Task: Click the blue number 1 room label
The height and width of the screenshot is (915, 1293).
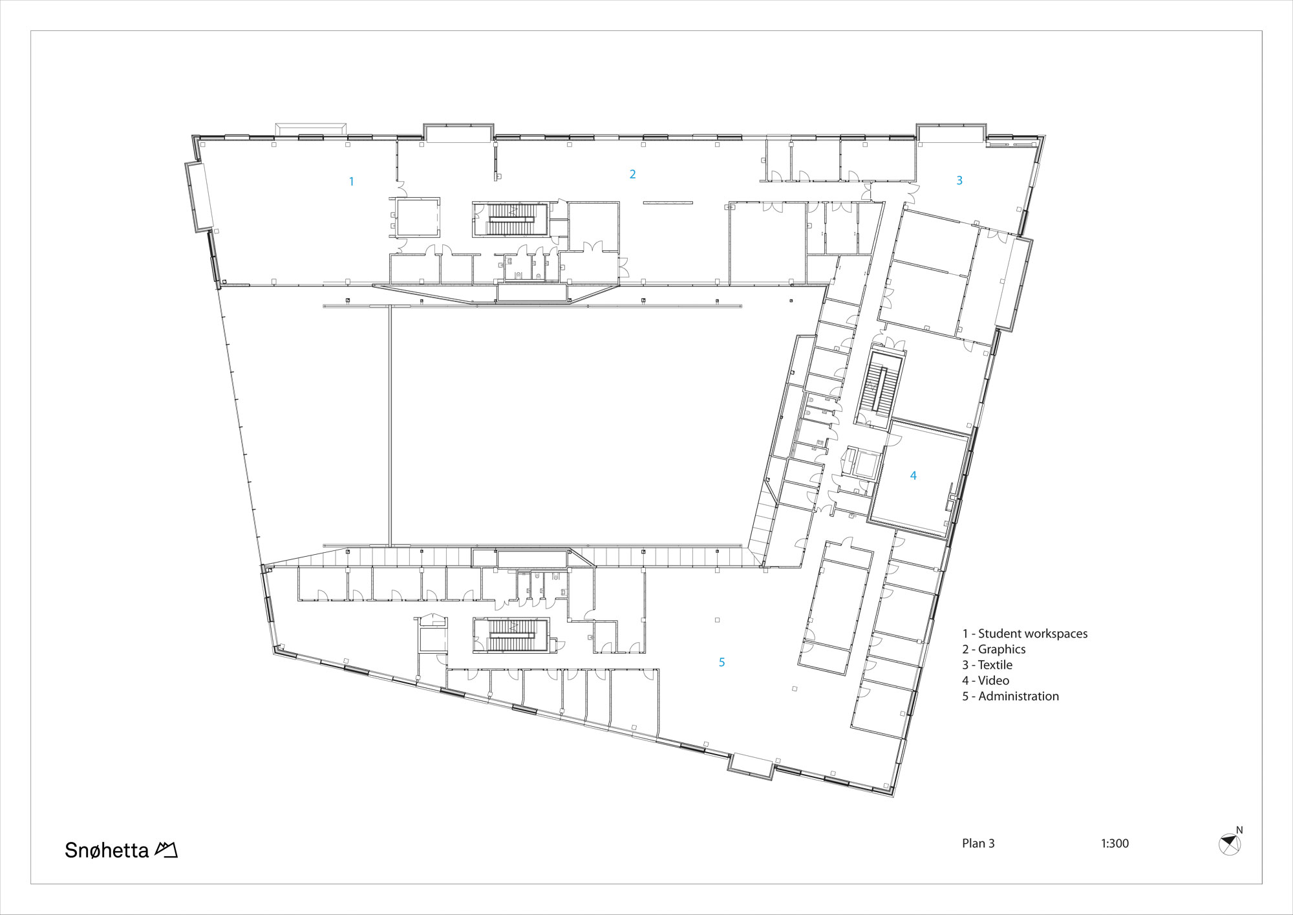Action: [x=351, y=182]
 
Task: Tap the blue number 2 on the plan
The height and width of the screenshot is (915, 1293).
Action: [x=632, y=174]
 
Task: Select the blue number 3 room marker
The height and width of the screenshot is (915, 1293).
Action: [x=959, y=181]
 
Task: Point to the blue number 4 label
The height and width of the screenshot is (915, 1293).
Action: [x=913, y=476]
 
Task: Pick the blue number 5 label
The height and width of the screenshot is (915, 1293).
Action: [x=722, y=662]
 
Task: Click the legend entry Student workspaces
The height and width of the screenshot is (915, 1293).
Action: [x=1025, y=634]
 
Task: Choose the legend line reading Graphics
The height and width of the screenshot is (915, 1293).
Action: [x=994, y=649]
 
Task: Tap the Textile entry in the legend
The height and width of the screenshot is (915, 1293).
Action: [x=987, y=665]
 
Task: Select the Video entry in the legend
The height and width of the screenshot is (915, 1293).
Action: [x=985, y=680]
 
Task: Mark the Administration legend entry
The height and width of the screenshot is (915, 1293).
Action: [x=1010, y=696]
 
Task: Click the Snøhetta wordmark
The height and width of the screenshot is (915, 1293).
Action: [x=107, y=850]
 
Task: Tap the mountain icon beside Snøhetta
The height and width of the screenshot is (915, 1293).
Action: [x=166, y=850]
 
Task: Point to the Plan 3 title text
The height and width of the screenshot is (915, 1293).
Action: [x=978, y=843]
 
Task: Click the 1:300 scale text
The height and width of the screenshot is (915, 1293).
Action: [x=1115, y=843]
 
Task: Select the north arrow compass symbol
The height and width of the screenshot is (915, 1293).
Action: [x=1230, y=845]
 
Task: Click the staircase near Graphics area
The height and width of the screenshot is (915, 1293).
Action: [x=511, y=220]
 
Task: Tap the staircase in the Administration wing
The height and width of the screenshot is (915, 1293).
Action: [x=511, y=635]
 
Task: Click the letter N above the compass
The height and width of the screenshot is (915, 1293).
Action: [x=1239, y=830]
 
